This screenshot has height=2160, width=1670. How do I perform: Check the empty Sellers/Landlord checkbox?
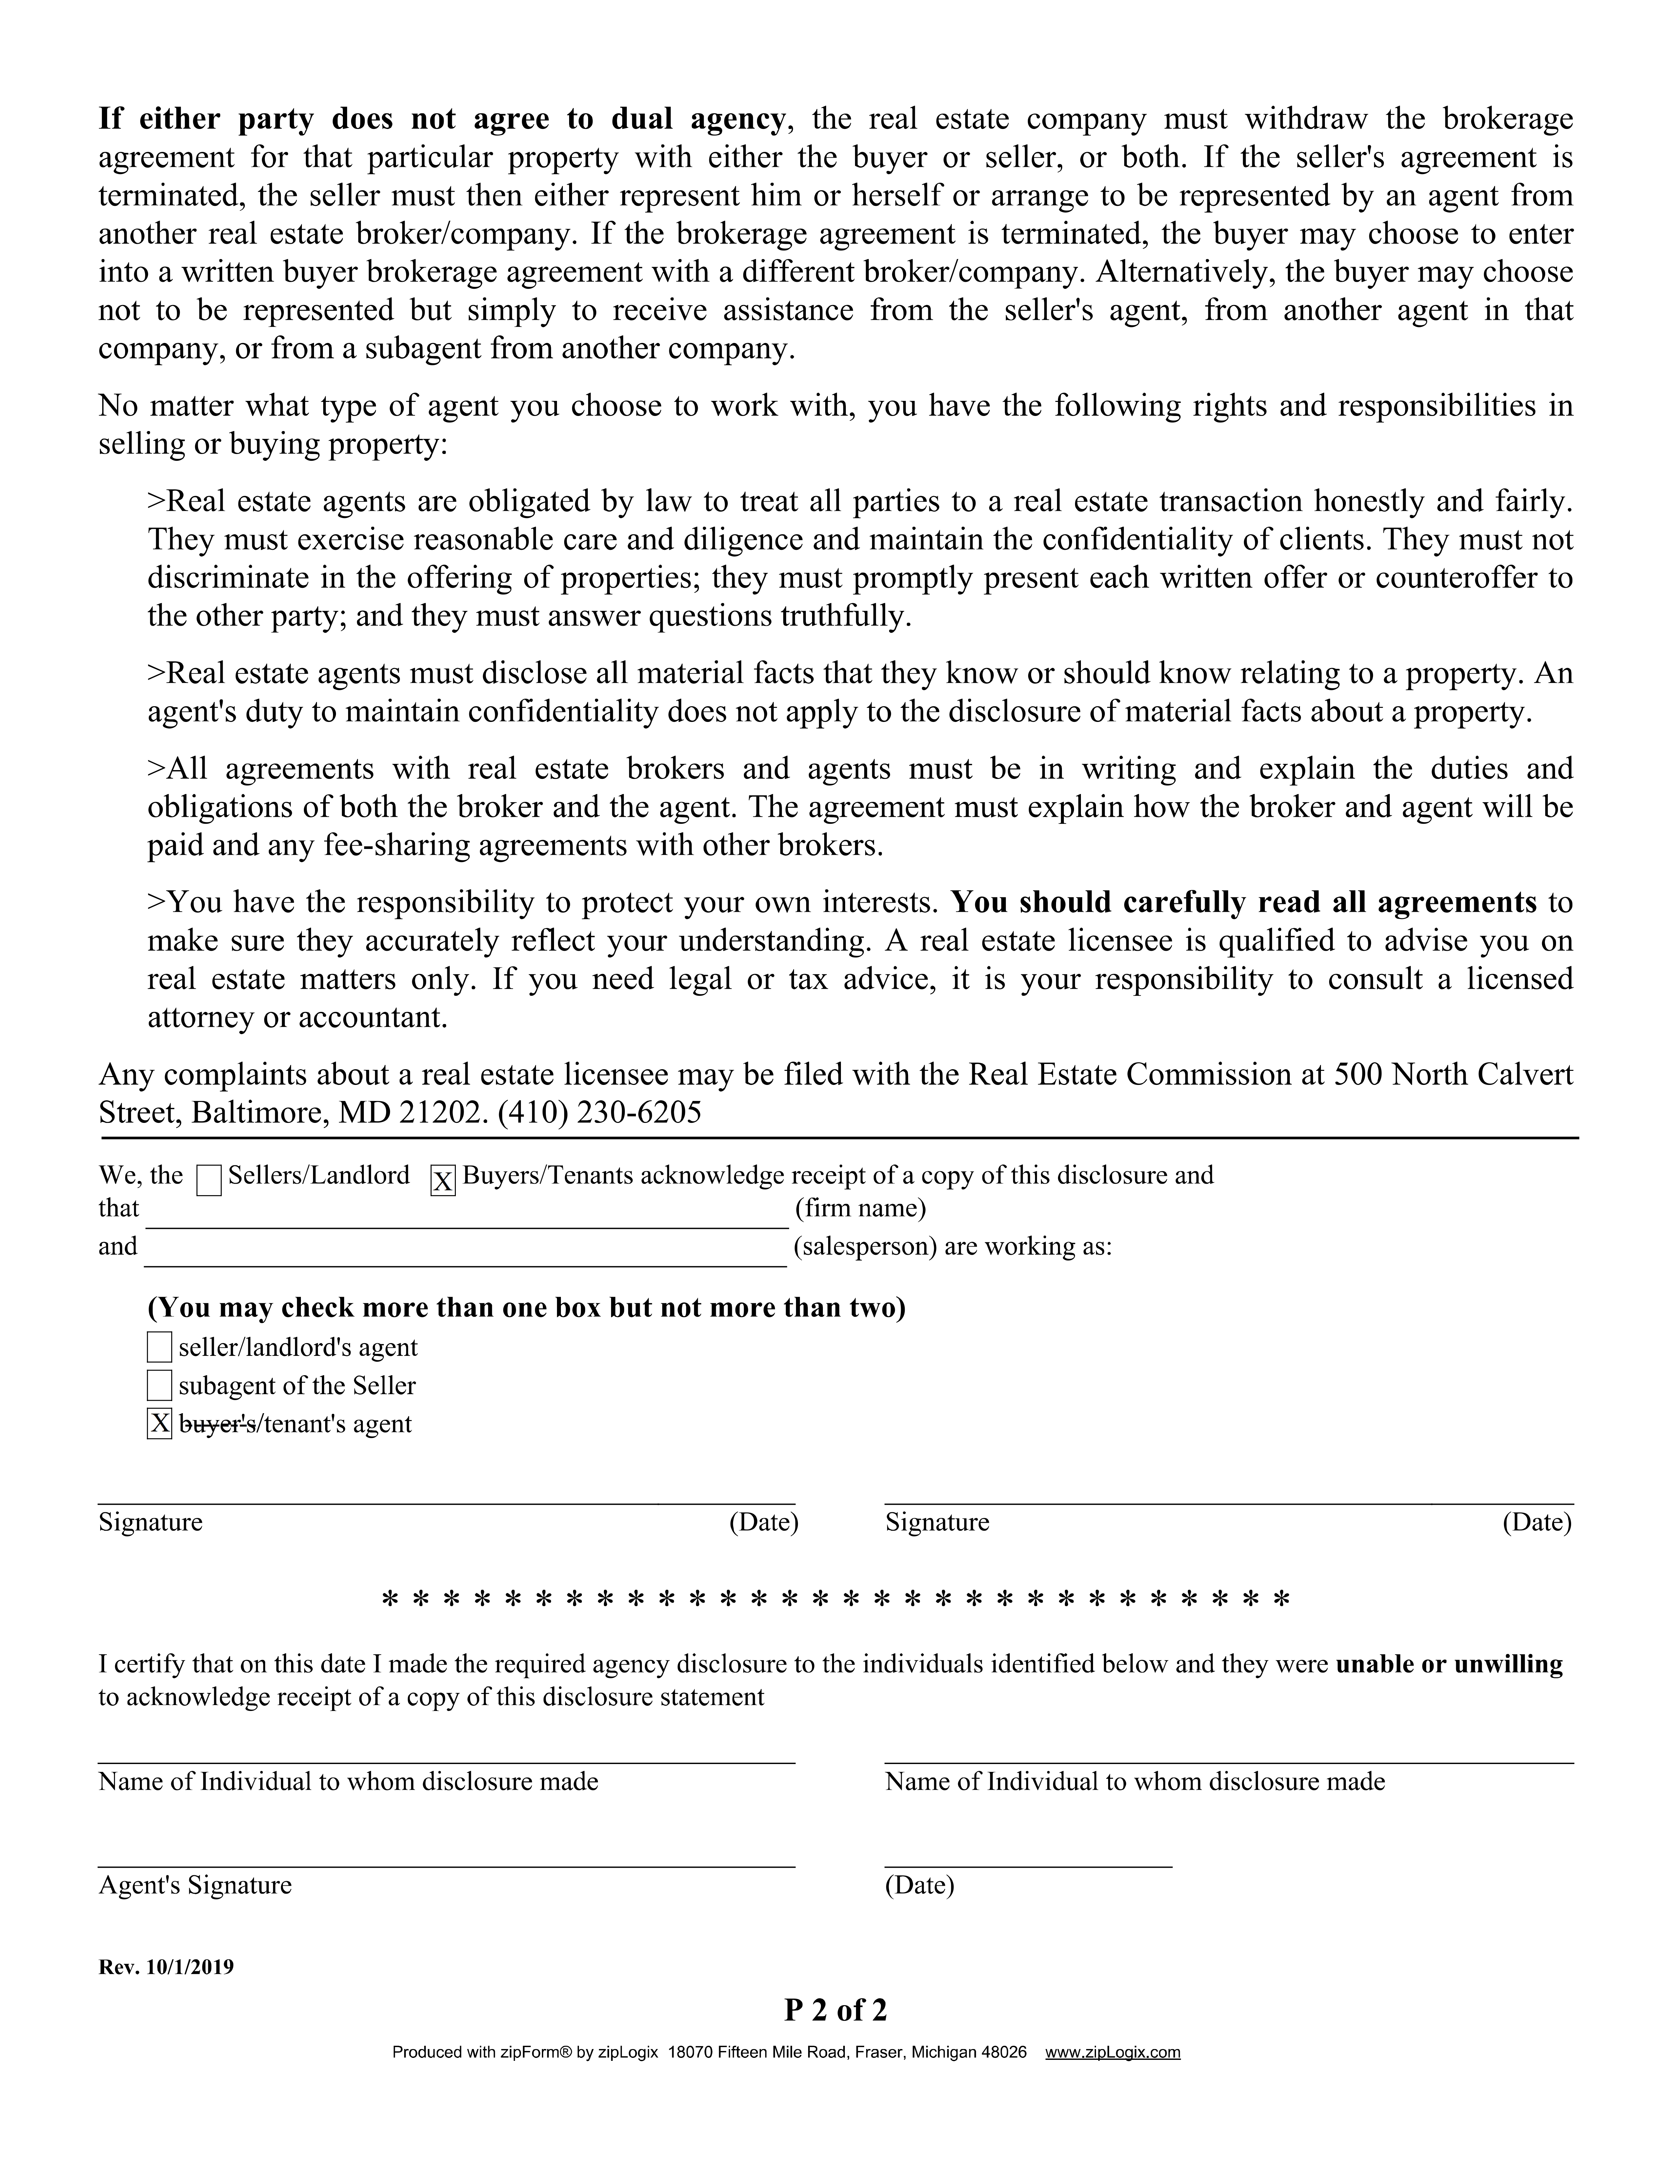pyautogui.click(x=209, y=1180)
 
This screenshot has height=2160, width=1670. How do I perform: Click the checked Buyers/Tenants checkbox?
pyautogui.click(x=443, y=1180)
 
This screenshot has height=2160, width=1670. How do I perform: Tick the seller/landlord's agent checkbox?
pyautogui.click(x=159, y=1347)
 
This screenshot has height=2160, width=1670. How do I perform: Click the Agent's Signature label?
pyautogui.click(x=195, y=1885)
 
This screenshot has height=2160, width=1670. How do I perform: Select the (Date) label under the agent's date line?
pyautogui.click(x=919, y=1885)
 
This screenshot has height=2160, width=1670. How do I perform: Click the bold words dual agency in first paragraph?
pyautogui.click(x=697, y=119)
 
